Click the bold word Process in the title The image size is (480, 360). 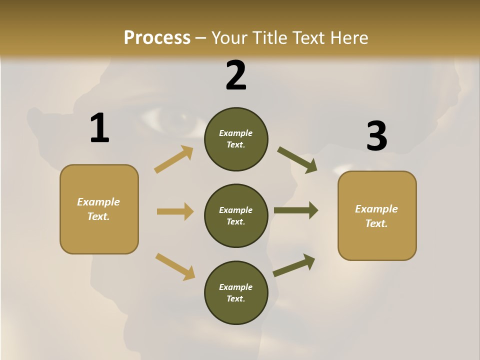(157, 38)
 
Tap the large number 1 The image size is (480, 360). (99, 128)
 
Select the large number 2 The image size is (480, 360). (236, 75)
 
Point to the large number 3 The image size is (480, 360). (376, 136)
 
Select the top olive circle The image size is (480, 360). (236, 139)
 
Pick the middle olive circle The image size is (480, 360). (236, 215)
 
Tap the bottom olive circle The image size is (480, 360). (236, 292)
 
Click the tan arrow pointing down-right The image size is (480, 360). (175, 266)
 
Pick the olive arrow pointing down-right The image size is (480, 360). (297, 160)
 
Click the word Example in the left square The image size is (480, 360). (98, 202)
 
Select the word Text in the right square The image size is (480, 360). (376, 223)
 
